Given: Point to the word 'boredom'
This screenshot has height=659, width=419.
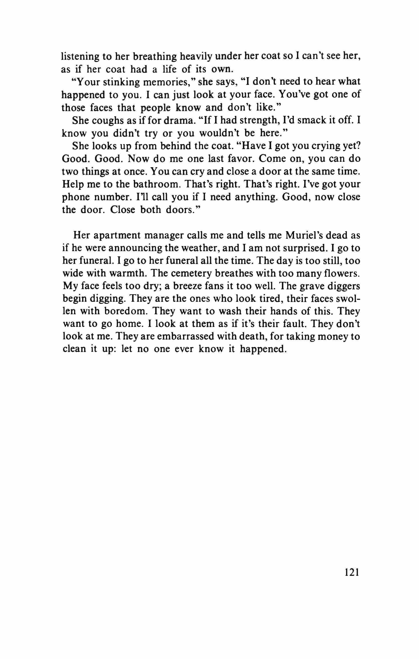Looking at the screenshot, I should point(125,311).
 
